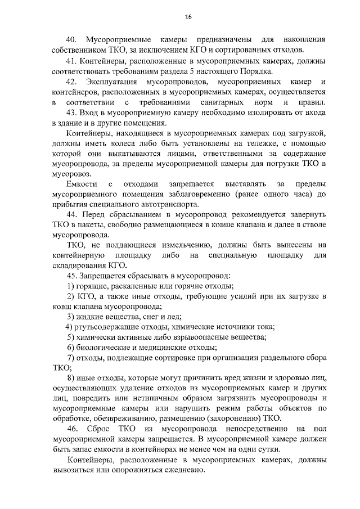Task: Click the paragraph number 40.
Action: tap(71, 40)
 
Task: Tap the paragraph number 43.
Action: tap(71, 112)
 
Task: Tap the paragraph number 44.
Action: tap(71, 215)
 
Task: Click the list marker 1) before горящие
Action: tap(70, 286)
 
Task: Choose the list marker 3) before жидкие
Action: tap(70, 317)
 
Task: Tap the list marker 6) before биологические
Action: tap(70, 348)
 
